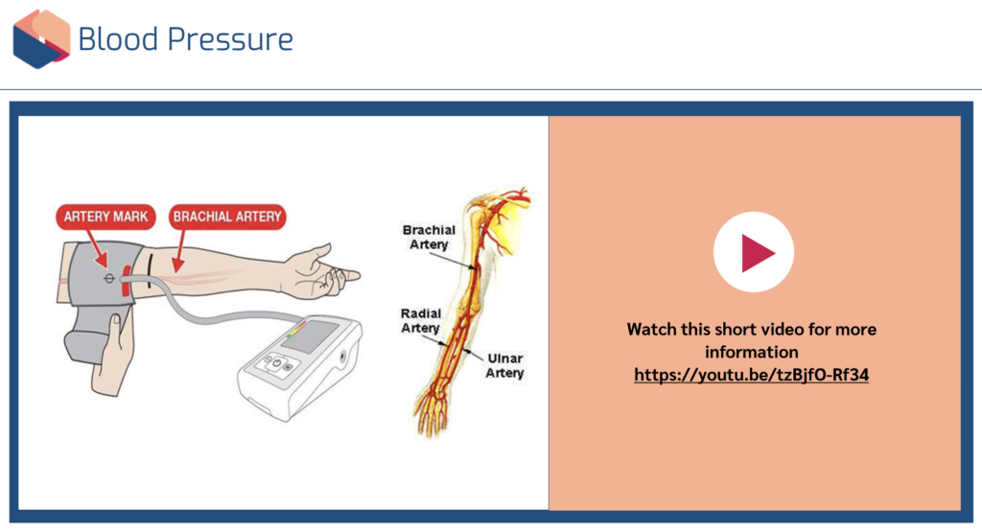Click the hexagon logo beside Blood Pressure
[x=41, y=39]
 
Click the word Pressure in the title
[x=230, y=39]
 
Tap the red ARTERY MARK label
[x=105, y=217]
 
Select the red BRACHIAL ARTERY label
[x=227, y=217]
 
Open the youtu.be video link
[x=751, y=375]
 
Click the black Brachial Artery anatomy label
[x=429, y=238]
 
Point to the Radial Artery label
[x=421, y=320]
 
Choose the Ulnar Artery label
[x=504, y=366]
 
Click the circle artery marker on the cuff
[x=109, y=278]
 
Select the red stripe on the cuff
[x=127, y=281]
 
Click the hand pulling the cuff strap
[x=114, y=356]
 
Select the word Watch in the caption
[x=650, y=330]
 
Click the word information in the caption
[x=752, y=352]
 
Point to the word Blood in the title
[x=118, y=39]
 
